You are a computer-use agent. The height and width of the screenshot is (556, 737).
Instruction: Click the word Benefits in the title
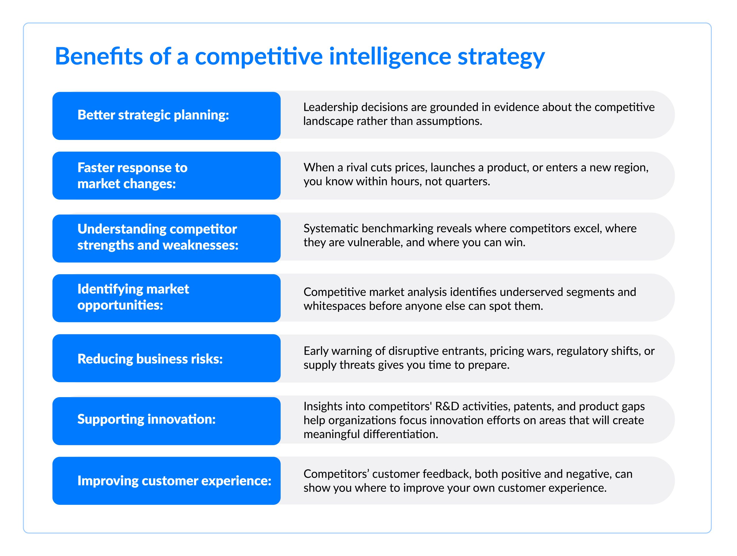(99, 56)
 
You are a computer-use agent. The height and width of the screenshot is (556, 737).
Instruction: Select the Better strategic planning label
(153, 115)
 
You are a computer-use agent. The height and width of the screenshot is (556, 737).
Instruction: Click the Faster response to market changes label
(132, 176)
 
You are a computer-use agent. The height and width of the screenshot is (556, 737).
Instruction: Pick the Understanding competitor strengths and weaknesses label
(158, 237)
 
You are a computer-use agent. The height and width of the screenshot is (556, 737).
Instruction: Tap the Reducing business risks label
(150, 359)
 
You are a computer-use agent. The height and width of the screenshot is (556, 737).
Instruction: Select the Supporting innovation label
(147, 419)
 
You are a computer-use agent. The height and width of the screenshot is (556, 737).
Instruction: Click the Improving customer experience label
(174, 481)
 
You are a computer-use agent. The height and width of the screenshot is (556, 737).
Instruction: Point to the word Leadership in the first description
(330, 107)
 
